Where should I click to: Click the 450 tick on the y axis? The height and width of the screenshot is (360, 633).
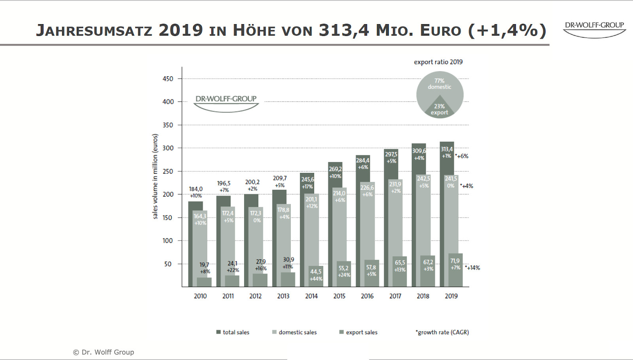pyautogui.click(x=168, y=79)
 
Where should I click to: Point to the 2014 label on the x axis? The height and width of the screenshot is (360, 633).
pyautogui.click(x=311, y=296)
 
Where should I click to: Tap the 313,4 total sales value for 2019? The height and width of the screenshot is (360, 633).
pyautogui.click(x=447, y=149)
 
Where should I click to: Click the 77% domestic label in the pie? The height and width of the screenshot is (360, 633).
pyautogui.click(x=439, y=84)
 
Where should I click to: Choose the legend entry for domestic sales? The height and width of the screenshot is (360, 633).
pyautogui.click(x=294, y=332)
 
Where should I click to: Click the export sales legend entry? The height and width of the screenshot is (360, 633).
pyautogui.click(x=358, y=332)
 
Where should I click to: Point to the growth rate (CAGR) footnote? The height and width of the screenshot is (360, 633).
pyautogui.click(x=442, y=332)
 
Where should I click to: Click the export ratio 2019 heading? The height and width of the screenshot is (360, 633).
pyautogui.click(x=438, y=62)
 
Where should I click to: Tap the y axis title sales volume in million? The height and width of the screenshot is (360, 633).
pyautogui.click(x=155, y=176)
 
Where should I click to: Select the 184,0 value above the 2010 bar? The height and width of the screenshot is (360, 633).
pyautogui.click(x=195, y=189)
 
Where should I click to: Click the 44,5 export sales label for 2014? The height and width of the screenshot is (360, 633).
pyautogui.click(x=316, y=272)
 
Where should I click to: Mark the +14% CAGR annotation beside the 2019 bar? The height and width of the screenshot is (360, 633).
pyautogui.click(x=473, y=268)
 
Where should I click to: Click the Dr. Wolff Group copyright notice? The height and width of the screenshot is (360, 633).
pyautogui.click(x=104, y=352)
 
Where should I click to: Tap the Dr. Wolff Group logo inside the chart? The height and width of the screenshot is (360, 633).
pyautogui.click(x=226, y=102)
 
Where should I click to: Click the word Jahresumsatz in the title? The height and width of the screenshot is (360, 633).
pyautogui.click(x=94, y=30)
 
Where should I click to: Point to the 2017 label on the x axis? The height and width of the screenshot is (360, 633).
pyautogui.click(x=395, y=296)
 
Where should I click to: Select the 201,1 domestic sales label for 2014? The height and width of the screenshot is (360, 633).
pyautogui.click(x=311, y=199)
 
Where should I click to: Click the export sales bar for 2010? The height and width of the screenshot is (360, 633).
pyautogui.click(x=204, y=282)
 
